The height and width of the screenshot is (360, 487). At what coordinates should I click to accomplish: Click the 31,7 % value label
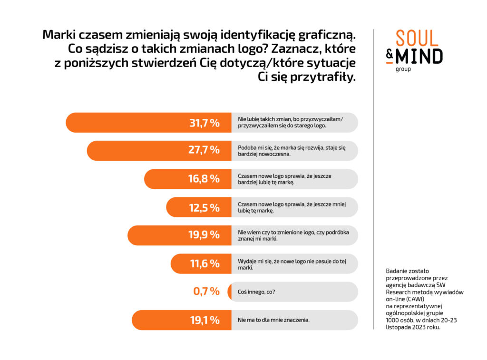pyautogui.click(x=205, y=123)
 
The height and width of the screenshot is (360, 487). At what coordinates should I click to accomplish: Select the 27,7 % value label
pyautogui.click(x=205, y=151)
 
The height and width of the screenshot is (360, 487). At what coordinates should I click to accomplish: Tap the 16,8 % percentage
pyautogui.click(x=205, y=179)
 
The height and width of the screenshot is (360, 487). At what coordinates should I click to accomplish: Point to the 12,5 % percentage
pyautogui.click(x=205, y=207)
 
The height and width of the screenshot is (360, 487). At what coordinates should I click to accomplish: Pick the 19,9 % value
pyautogui.click(x=205, y=235)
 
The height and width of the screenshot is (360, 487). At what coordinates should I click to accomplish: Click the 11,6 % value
pyautogui.click(x=205, y=263)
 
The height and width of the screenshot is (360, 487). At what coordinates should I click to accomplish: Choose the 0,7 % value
pyautogui.click(x=206, y=292)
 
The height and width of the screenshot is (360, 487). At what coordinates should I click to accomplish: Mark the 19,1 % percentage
pyautogui.click(x=205, y=320)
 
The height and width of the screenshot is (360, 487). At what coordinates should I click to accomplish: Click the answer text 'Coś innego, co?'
pyautogui.click(x=256, y=292)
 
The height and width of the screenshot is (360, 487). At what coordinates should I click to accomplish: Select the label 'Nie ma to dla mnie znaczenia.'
pyautogui.click(x=273, y=320)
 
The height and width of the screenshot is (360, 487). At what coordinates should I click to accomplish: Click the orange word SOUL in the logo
pyautogui.click(x=419, y=39)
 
